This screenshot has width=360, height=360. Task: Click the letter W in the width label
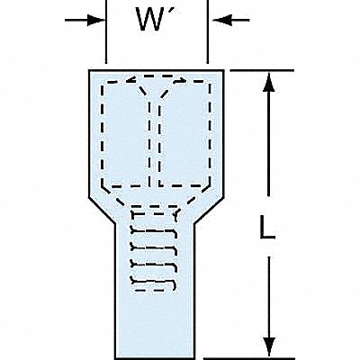pyautogui.click(x=150, y=20)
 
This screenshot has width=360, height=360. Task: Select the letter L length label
pyautogui.click(x=267, y=228)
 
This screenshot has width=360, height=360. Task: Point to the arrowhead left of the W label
pyautogui.click(x=96, y=21)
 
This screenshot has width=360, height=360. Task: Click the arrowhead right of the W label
pyautogui.click(x=222, y=21)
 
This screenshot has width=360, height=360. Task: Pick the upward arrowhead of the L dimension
pyautogui.click(x=269, y=81)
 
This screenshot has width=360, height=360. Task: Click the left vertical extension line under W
pyautogui.click(x=106, y=31)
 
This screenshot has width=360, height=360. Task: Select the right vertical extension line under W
pyautogui.click(x=207, y=31)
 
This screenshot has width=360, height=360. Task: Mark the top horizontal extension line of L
pyautogui.click(x=262, y=71)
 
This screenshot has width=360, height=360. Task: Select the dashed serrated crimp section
pyautogui.click(x=154, y=250)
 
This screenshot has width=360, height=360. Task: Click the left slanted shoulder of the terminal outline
pyautogui.click(x=102, y=211)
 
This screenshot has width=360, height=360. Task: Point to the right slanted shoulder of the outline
pyautogui.click(x=209, y=211)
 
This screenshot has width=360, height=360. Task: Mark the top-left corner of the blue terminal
pyautogui.click(x=89, y=71)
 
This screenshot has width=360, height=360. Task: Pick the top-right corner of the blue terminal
pyautogui.click(x=223, y=71)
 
